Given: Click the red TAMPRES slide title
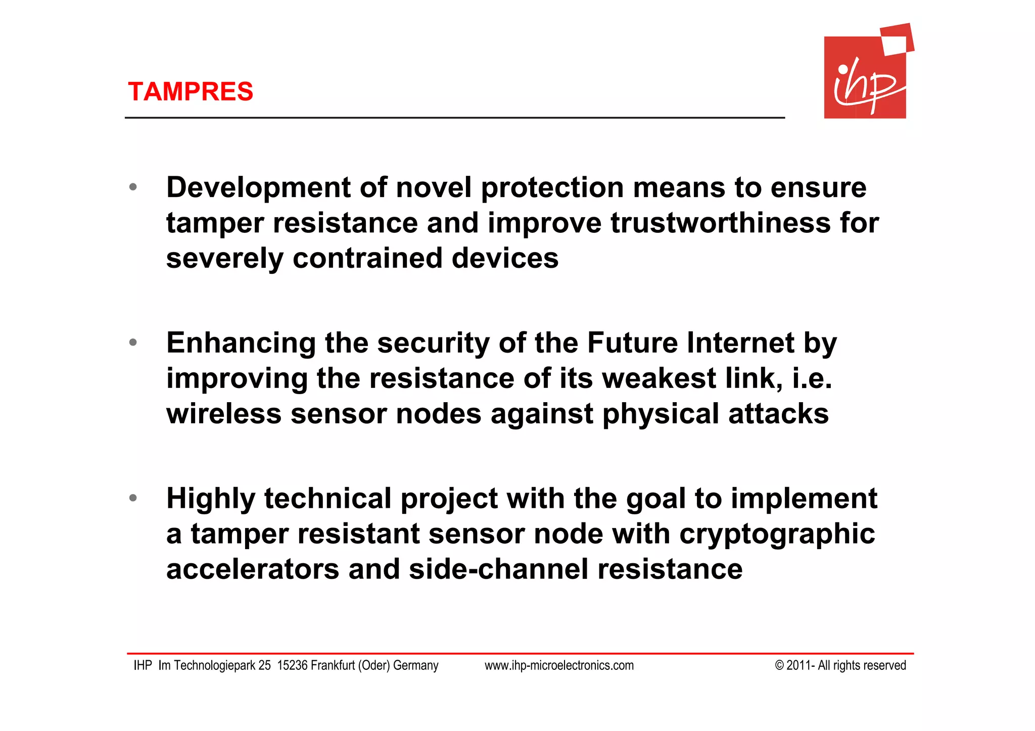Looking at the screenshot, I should point(190,92).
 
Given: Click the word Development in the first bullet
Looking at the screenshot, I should point(258,188).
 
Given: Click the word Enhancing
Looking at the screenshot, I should point(241,343).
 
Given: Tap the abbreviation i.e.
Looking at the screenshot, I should point(811,378).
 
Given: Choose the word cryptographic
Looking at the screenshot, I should point(777,534).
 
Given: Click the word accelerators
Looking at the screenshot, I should point(253,569).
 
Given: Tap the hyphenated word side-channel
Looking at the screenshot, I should point(498,569).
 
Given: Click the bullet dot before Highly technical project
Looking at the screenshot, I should point(133,498).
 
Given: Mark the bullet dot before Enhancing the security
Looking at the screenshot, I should point(133,343).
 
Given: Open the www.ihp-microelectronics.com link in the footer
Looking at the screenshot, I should point(559,666).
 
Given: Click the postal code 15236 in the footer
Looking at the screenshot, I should point(292,666).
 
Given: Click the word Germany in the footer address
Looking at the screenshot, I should point(415,666).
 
